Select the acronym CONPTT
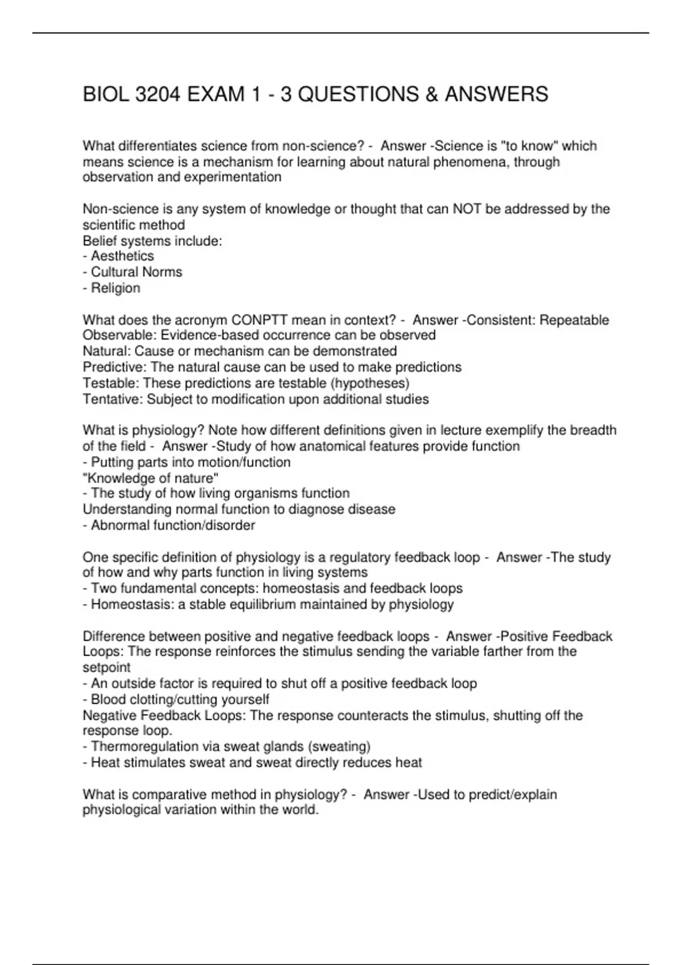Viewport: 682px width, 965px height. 263,320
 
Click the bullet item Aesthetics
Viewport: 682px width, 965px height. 122,256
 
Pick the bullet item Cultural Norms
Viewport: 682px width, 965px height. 136,272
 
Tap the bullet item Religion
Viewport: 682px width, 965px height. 115,288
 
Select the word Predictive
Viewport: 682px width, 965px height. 114,367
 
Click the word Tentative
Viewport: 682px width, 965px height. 113,399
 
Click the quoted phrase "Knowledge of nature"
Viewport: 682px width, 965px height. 151,478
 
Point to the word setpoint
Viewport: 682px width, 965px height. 106,668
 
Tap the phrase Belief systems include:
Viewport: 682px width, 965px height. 152,241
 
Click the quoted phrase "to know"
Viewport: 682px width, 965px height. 527,146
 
